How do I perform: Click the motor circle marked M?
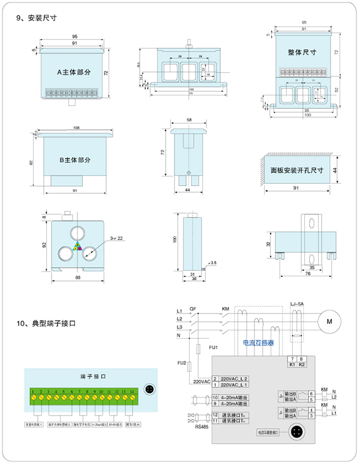pyautogui.click(x=328, y=322)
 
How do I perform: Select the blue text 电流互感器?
pyautogui.click(x=258, y=343)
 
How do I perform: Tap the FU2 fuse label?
pyautogui.click(x=182, y=364)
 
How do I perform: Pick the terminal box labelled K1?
pyautogui.click(x=292, y=365)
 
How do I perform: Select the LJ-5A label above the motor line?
pyautogui.click(x=298, y=304)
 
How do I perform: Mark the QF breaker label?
pyautogui.click(x=193, y=309)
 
